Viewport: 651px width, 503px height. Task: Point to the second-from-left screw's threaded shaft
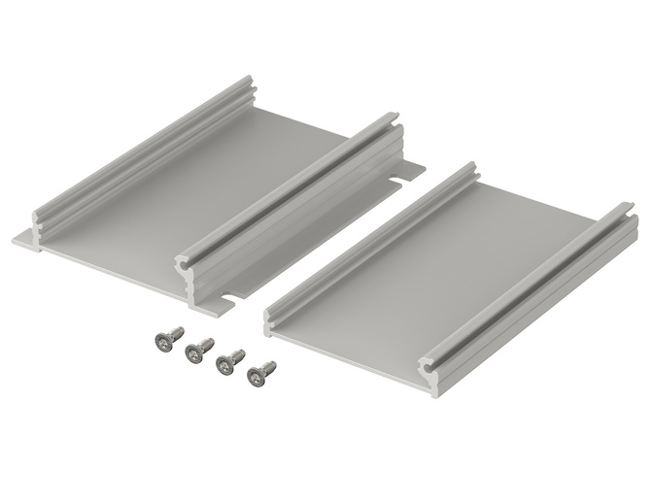206,344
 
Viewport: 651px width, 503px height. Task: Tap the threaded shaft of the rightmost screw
268,367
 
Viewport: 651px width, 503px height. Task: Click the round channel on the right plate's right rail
428,367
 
